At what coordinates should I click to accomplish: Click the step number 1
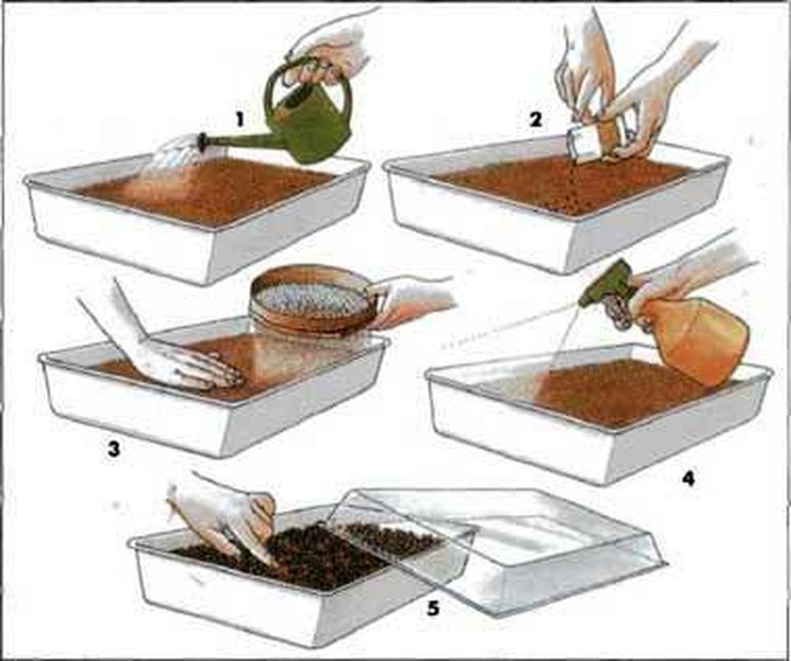coord(239,119)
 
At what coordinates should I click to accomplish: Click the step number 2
coord(536,119)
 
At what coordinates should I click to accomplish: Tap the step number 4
coord(688,478)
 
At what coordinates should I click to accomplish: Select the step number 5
coord(433,609)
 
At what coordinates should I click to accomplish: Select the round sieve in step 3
coord(315,298)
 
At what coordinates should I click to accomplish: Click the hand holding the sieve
coord(413,300)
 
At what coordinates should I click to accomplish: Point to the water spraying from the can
coord(171,156)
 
